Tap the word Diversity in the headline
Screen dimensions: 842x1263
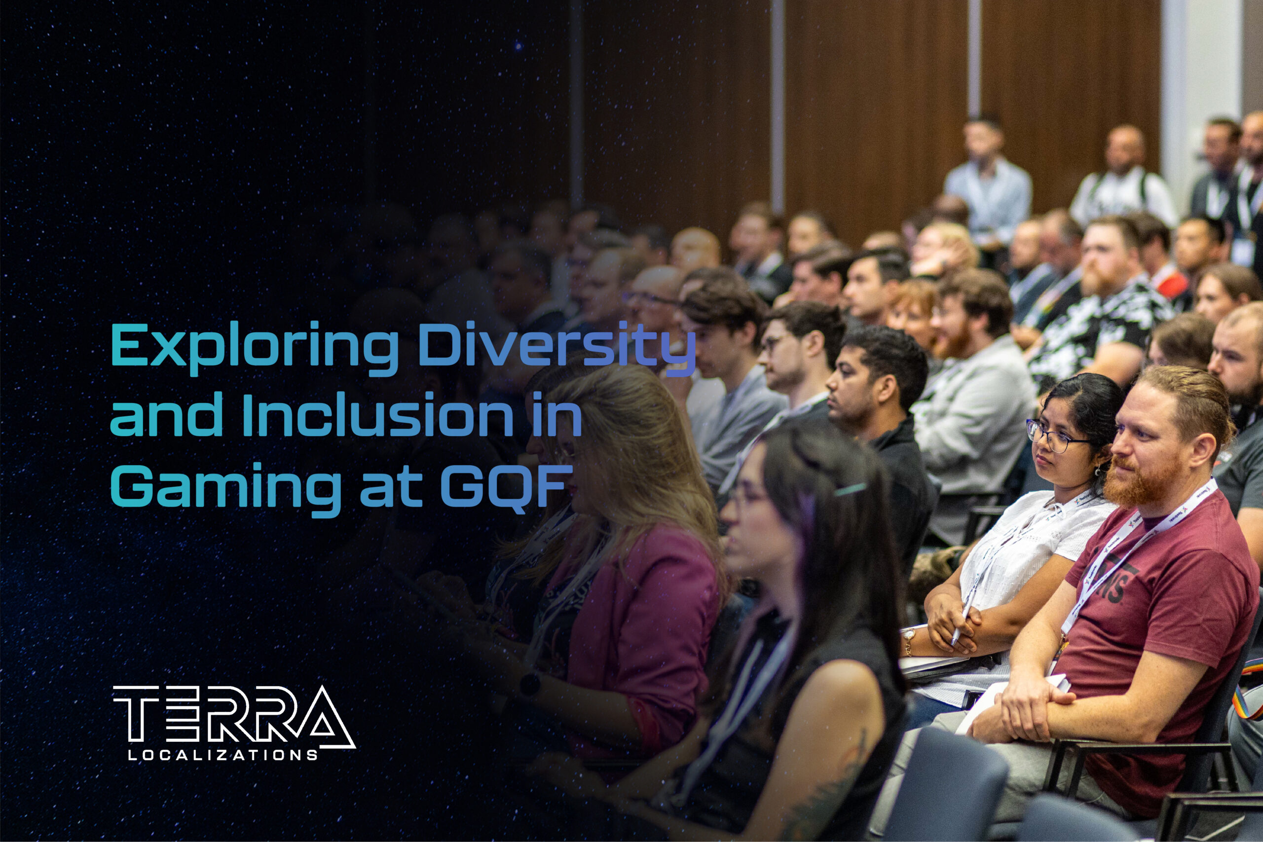point(556,346)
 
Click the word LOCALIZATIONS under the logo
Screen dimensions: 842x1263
point(223,756)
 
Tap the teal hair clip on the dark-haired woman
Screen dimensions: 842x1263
point(850,489)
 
